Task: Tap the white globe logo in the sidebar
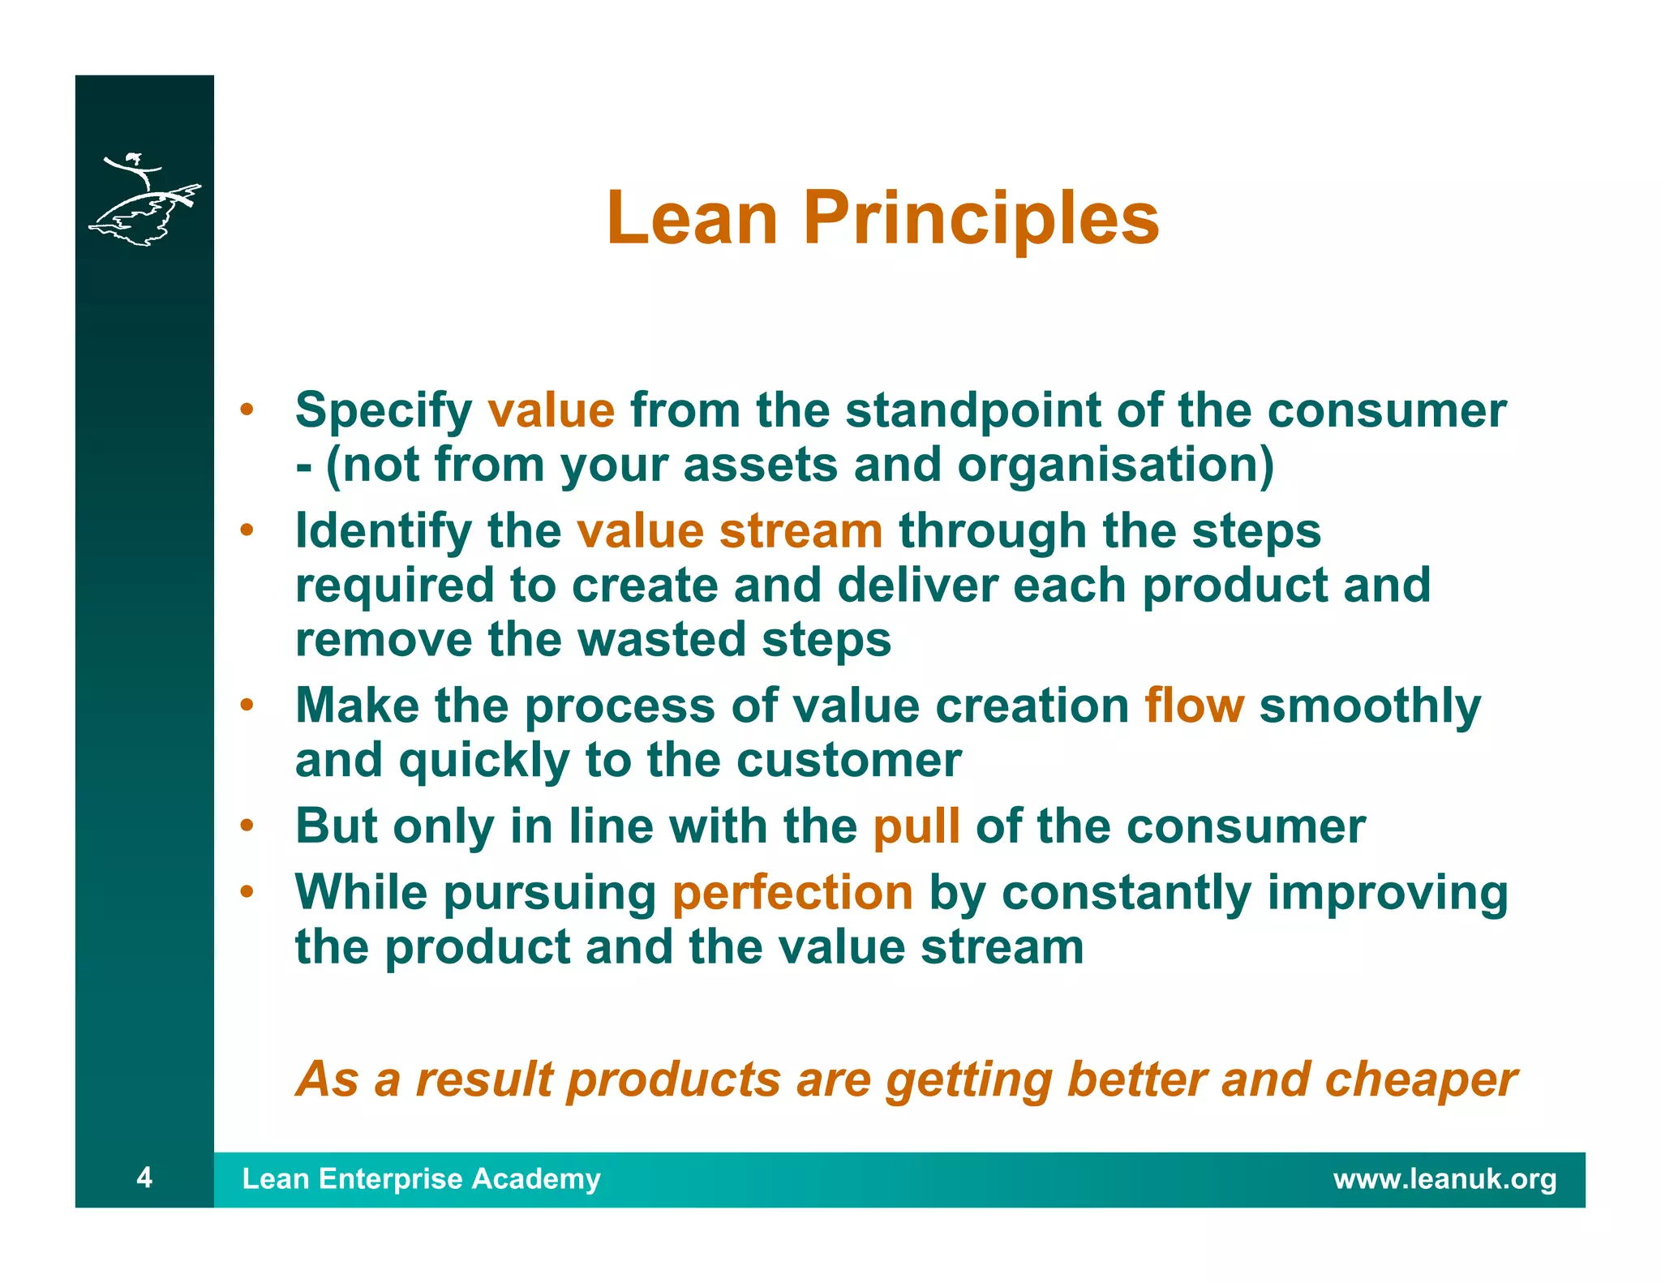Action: (x=144, y=200)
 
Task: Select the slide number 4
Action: (x=144, y=1177)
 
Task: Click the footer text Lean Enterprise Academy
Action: (x=421, y=1178)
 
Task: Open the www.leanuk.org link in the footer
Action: (x=1444, y=1178)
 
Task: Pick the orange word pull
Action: (x=916, y=826)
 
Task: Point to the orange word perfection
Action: (x=792, y=892)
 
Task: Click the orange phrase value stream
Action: (x=729, y=531)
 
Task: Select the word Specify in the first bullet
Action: (x=384, y=411)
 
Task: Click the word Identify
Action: (x=384, y=531)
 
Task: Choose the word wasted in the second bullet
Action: (x=661, y=639)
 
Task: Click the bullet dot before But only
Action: (x=247, y=826)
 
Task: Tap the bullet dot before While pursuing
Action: (x=247, y=891)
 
